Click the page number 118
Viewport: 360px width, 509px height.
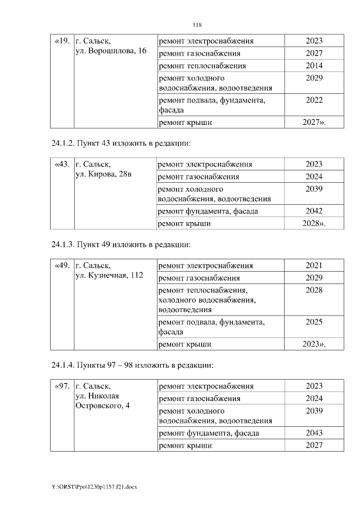point(197,25)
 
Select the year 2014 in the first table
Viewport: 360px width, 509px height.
point(314,66)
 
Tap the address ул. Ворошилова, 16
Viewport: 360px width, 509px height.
point(111,51)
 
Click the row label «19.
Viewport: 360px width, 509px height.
point(61,41)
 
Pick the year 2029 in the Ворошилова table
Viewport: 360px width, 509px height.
point(314,78)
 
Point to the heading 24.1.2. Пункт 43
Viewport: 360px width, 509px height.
point(119,143)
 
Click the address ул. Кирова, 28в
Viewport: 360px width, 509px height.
point(103,175)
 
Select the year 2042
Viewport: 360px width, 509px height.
point(314,211)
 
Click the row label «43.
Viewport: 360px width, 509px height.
point(61,165)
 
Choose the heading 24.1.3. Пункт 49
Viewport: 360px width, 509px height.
point(119,245)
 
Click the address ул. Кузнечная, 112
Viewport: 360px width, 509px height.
point(109,276)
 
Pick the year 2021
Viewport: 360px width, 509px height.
point(314,265)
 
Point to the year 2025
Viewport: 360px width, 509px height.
point(314,322)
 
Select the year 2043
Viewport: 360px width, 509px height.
point(314,433)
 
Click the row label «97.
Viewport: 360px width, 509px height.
point(61,386)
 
